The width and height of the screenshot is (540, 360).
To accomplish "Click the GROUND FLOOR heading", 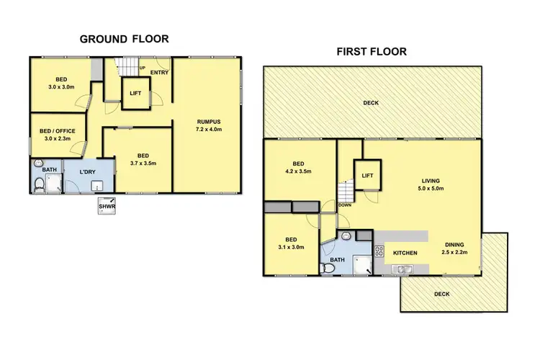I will tap(124, 39).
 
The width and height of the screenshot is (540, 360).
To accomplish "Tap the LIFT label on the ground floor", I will tap(135, 94).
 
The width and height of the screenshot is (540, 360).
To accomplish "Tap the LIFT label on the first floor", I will tap(366, 175).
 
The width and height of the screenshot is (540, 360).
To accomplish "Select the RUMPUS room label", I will tap(208, 121).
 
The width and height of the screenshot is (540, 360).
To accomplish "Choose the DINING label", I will tap(455, 244).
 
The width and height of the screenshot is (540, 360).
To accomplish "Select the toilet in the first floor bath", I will tap(328, 268).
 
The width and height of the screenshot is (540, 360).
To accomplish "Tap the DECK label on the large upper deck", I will tap(370, 103).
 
